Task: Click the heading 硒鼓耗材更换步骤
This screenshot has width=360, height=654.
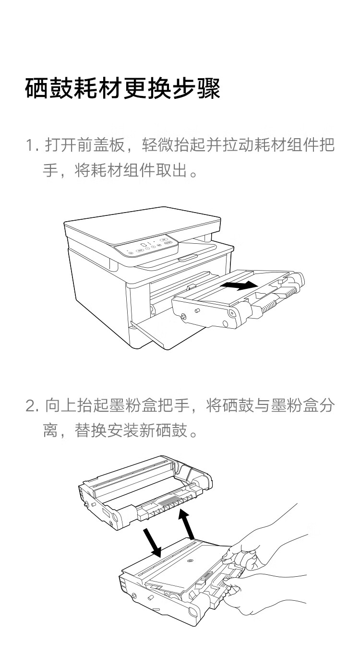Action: point(122,89)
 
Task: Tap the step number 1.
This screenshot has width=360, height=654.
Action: point(31,145)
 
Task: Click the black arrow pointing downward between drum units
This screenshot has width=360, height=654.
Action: point(153,543)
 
